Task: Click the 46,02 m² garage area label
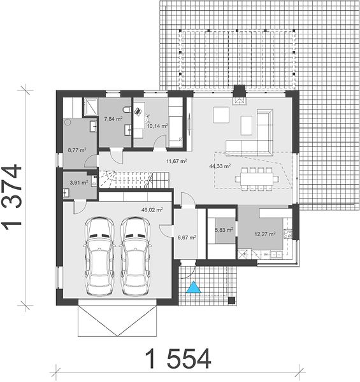click(x=152, y=209)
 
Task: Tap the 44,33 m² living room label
click(x=220, y=166)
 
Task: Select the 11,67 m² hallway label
click(x=176, y=161)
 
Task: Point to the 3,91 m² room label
click(x=79, y=183)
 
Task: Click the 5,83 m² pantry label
click(x=224, y=230)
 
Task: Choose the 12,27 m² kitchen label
click(x=265, y=234)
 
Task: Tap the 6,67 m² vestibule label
click(x=187, y=237)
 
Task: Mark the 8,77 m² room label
click(x=77, y=150)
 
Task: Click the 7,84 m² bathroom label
click(x=113, y=119)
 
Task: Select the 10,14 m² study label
click(x=157, y=126)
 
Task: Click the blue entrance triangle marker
click(x=194, y=287)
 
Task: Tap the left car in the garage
click(x=99, y=256)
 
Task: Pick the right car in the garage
click(x=135, y=256)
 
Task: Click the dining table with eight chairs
click(x=257, y=179)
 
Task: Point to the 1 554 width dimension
click(x=178, y=358)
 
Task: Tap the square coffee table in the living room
click(x=221, y=115)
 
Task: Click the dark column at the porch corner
click(x=232, y=301)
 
